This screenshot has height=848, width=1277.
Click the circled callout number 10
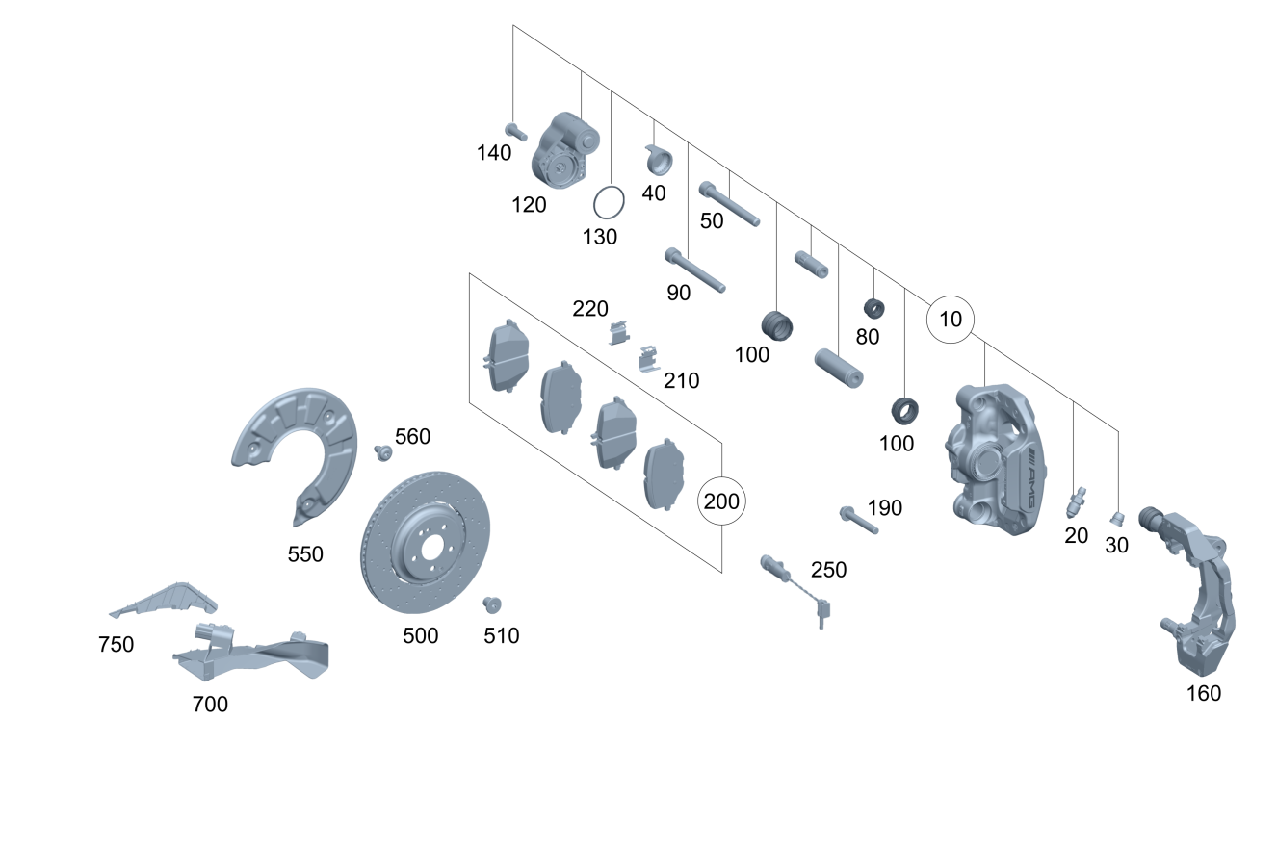pyautogui.click(x=951, y=320)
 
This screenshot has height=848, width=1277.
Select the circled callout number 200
pyautogui.click(x=722, y=501)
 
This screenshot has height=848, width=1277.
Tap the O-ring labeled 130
pyautogui.click(x=609, y=202)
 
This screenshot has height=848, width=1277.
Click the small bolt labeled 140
pyautogui.click(x=516, y=132)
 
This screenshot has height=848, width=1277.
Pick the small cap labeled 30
pyautogui.click(x=1117, y=519)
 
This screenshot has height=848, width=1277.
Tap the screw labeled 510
pyautogui.click(x=493, y=604)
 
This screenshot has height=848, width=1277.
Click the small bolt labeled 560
pyautogui.click(x=383, y=451)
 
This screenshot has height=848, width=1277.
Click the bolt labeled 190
pyautogui.click(x=858, y=520)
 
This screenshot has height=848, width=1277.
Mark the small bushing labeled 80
pyautogui.click(x=873, y=309)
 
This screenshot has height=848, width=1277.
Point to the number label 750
pyautogui.click(x=116, y=645)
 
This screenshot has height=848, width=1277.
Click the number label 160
pyautogui.click(x=1203, y=693)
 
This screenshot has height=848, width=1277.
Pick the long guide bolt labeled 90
pyautogui.click(x=693, y=270)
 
